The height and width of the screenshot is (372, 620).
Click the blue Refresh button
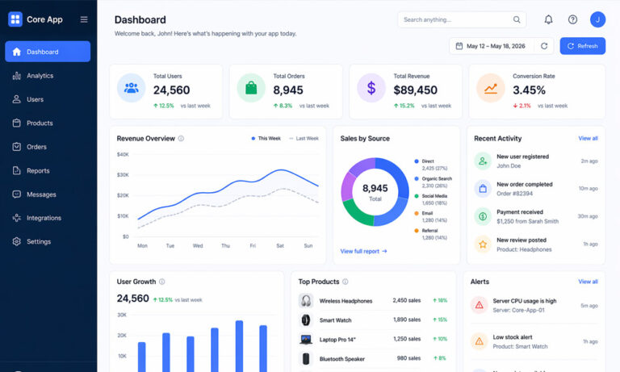582,46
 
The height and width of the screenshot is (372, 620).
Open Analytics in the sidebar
40,76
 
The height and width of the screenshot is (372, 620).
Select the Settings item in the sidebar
38,241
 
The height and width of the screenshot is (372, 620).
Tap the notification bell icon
548,19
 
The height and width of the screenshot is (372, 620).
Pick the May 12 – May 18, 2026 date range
494,46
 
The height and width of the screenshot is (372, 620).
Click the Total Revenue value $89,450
415,90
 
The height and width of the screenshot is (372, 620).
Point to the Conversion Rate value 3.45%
529,90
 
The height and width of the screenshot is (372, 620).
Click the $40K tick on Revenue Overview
123,154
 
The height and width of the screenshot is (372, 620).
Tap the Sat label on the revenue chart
280,245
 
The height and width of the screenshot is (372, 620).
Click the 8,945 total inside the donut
375,188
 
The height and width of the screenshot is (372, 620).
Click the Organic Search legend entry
436,178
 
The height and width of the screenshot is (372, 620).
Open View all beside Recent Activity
588,139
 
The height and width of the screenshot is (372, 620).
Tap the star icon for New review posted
482,244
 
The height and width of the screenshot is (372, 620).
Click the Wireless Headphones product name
346,301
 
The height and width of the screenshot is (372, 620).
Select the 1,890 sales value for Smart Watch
406,320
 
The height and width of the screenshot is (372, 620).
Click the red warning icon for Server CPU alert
479,305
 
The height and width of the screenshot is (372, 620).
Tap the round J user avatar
597,19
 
